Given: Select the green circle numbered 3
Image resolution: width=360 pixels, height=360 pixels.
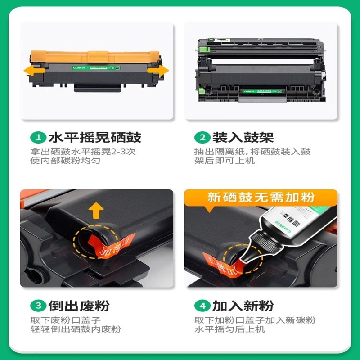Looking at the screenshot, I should coord(38,306).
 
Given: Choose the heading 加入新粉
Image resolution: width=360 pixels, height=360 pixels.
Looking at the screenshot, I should coord(243,306).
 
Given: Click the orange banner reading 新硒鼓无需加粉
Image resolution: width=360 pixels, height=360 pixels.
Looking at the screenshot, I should coord(261,197).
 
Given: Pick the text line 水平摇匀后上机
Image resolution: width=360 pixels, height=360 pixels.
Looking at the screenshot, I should coord(229,329).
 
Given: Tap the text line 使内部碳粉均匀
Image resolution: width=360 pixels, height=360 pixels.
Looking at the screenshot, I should coord(65,161).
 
